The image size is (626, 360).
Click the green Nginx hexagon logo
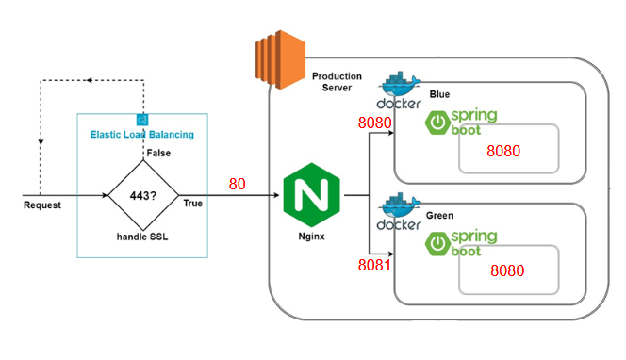[311, 195]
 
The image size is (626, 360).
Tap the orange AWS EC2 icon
[280, 59]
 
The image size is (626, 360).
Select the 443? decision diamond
[143, 195]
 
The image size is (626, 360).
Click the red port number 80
[238, 184]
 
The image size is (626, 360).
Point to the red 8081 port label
[374, 265]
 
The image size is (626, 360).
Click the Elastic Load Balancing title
[142, 135]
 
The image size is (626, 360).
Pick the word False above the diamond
[158, 153]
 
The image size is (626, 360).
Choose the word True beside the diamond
[193, 204]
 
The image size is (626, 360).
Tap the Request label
[42, 205]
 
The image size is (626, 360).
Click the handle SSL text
[142, 237]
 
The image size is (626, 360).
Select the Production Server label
[337, 82]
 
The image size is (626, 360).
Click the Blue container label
[439, 94]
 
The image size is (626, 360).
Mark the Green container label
[439, 216]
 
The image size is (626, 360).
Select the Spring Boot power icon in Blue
[437, 123]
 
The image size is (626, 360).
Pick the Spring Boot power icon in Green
[437, 243]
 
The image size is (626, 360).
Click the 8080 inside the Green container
[507, 270]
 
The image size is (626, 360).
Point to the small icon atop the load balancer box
[142, 120]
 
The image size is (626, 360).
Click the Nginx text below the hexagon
[311, 237]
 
